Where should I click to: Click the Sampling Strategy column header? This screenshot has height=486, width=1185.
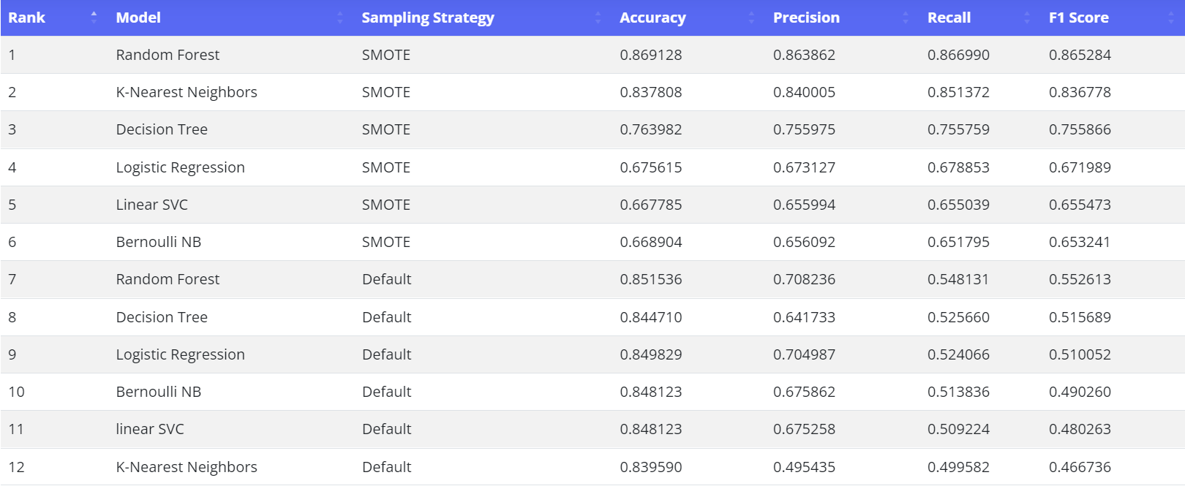[428, 18]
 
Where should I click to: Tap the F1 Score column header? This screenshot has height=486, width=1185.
[1078, 18]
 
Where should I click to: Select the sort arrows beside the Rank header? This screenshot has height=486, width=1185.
[94, 17]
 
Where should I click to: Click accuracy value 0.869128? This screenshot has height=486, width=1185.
[650, 55]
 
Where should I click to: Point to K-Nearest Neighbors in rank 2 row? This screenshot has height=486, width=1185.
[187, 92]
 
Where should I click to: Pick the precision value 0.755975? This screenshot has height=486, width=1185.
[804, 129]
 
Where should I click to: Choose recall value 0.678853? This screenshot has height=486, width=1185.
[958, 167]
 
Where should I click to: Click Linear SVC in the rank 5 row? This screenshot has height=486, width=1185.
[152, 205]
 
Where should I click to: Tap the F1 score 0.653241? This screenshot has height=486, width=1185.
[1080, 242]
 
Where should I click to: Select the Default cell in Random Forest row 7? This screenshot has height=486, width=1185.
[386, 279]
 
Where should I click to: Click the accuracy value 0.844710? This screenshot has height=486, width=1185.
[650, 317]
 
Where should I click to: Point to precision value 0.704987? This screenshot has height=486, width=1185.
[804, 354]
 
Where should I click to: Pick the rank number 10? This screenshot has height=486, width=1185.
[16, 392]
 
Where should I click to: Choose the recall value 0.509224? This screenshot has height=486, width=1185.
[958, 429]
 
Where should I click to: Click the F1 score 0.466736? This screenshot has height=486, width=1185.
[1080, 467]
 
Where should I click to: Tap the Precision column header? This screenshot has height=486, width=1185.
[806, 18]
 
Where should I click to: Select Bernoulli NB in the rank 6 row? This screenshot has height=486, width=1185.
[159, 242]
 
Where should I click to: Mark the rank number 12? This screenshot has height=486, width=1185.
[16, 467]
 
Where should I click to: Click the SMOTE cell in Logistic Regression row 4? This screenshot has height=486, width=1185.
[385, 167]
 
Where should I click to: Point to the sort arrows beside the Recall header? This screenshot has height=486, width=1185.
[1027, 17]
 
